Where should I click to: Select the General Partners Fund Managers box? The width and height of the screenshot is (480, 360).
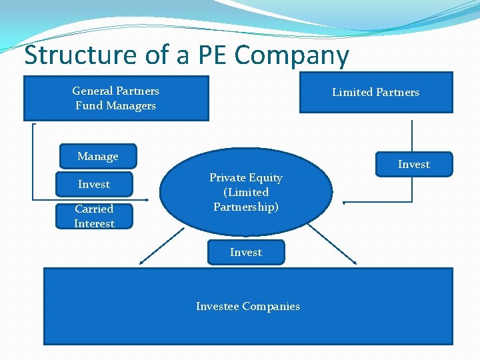tap(115, 98)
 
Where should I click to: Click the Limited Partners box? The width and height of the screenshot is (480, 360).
tap(376, 92)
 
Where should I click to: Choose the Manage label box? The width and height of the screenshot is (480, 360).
tap(98, 156)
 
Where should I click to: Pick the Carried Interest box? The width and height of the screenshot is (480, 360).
tap(94, 216)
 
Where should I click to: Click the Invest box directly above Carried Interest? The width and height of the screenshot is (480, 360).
tap(94, 184)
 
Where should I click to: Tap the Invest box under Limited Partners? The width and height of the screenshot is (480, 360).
tap(414, 164)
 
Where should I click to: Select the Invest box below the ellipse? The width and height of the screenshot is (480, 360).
tap(246, 252)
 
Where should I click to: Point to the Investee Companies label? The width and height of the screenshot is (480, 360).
tap(248, 306)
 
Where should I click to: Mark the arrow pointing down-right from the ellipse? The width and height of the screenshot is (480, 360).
tap(333, 243)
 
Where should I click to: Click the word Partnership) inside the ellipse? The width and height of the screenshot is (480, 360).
tap(246, 207)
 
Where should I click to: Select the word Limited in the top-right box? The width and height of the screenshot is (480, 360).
tap(352, 92)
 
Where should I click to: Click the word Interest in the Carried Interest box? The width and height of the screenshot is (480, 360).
tap(94, 223)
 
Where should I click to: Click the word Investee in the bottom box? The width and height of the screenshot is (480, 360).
tap(217, 306)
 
